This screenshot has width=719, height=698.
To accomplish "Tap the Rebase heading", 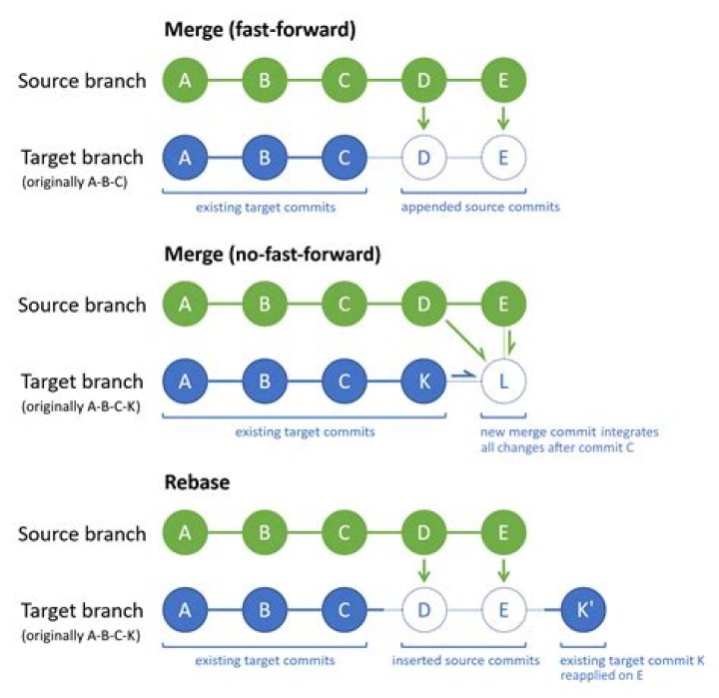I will [x=198, y=482].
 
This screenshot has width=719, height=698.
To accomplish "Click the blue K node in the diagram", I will [x=422, y=381].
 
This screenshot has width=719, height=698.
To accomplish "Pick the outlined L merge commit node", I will [x=503, y=381].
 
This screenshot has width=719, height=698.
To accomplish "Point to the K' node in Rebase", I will [x=583, y=609].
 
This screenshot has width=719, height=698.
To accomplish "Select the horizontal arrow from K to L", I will [x=462, y=377].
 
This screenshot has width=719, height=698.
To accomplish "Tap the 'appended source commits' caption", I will [x=480, y=207].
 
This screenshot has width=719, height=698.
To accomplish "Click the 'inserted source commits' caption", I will [x=464, y=660].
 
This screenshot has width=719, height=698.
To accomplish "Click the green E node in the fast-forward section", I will [x=503, y=81].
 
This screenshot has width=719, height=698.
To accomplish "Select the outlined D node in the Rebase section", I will [x=422, y=609].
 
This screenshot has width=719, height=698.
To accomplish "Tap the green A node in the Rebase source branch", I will [x=184, y=532].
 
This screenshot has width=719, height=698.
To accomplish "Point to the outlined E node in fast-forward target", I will [x=503, y=158].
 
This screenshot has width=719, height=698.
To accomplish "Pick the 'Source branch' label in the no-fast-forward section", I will [x=82, y=305].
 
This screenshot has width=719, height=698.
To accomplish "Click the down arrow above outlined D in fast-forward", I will [x=423, y=118].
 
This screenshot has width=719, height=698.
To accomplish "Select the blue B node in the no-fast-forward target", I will [x=264, y=381].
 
